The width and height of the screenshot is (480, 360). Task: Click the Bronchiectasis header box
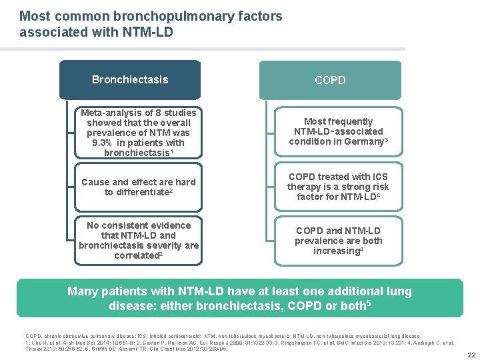(x=130, y=80)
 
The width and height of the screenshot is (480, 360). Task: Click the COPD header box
(x=330, y=80)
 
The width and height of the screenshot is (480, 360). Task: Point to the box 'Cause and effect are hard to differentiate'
(x=139, y=187)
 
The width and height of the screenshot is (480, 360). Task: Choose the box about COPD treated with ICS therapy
(x=338, y=187)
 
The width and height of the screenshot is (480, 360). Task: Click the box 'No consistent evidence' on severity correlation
(x=139, y=240)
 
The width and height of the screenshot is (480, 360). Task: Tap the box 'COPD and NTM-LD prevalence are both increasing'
(x=338, y=241)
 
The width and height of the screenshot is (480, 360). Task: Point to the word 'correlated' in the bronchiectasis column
(x=137, y=255)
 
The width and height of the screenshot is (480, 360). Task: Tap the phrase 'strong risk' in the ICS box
(x=360, y=187)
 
